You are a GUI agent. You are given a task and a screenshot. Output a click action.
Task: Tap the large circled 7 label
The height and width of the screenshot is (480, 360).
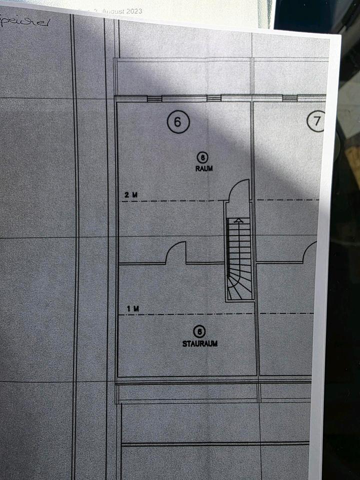tap(316, 121)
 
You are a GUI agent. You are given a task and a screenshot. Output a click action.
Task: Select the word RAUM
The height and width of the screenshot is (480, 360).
tap(204, 169)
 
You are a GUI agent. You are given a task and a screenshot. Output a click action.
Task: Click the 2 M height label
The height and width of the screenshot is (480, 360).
tap(131, 195)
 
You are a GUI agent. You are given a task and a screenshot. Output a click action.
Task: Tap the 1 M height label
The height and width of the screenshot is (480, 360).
tap(132, 309)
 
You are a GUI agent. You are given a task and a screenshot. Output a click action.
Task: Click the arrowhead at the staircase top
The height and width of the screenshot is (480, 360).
tap(238, 220)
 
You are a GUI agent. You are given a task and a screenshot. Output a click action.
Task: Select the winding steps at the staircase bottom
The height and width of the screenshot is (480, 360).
tap(239, 287)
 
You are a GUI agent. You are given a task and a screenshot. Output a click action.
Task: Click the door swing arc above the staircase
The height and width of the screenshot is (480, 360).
tap(239, 189)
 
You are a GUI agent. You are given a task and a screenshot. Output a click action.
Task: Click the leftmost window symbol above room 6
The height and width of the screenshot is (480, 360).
tap(154, 98)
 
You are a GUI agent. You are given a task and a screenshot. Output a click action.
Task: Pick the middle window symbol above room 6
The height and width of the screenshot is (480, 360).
tap(213, 98)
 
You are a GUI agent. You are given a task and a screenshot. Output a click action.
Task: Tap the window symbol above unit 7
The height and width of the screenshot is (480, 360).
tap(289, 98)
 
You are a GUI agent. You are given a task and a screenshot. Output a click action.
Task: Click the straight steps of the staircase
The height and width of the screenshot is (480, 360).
tap(238, 245)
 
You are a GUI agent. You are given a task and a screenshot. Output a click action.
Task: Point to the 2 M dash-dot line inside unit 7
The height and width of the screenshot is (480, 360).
tap(287, 200)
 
